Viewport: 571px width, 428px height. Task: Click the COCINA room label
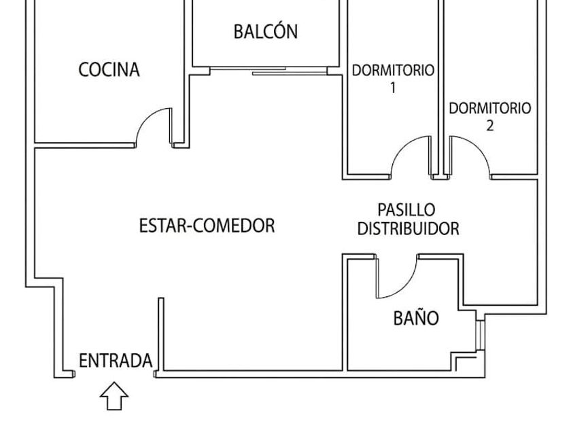(x=109, y=69)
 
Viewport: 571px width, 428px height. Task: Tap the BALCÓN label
(x=266, y=31)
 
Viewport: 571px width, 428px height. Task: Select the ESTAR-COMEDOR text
(x=207, y=226)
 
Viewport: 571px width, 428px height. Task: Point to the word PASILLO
(x=406, y=210)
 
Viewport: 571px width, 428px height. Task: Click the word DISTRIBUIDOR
(x=409, y=228)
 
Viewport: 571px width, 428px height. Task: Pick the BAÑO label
(x=416, y=317)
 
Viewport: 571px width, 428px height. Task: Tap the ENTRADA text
(x=116, y=361)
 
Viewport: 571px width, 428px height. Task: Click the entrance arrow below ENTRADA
(x=114, y=395)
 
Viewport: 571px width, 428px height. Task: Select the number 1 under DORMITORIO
(x=393, y=88)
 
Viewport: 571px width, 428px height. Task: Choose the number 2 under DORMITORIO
(x=490, y=126)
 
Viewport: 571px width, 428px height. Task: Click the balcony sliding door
(x=269, y=71)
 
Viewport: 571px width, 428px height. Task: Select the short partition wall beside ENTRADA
(x=160, y=334)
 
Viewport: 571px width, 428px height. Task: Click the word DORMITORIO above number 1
(x=393, y=70)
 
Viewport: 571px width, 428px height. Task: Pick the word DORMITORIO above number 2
(x=490, y=108)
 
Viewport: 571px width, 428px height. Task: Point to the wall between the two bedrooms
(x=440, y=88)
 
